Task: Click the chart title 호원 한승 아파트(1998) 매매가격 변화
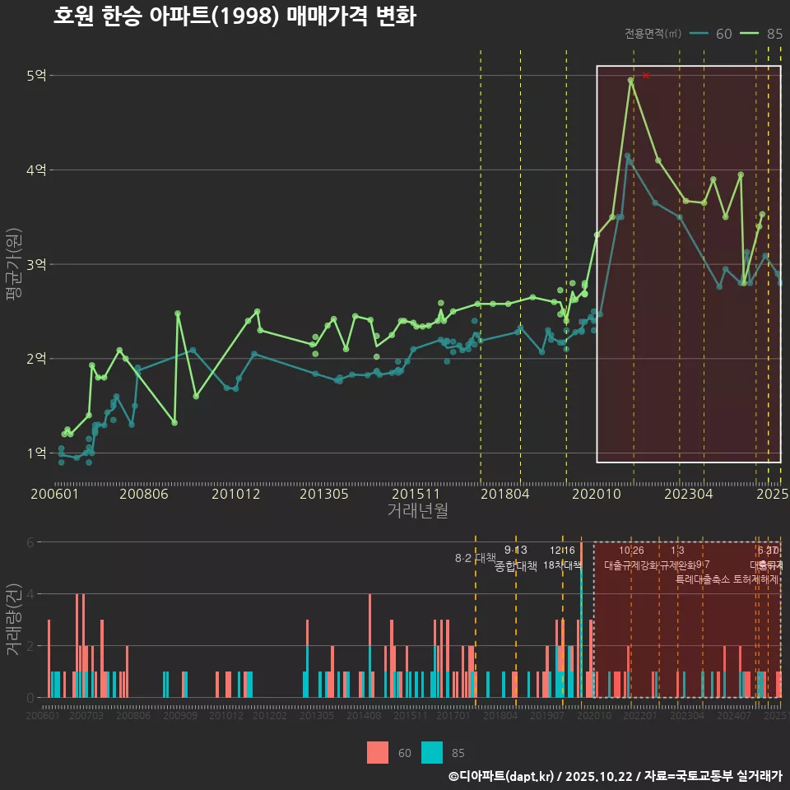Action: click(234, 16)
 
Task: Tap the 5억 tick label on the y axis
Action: click(36, 76)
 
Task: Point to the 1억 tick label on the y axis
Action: click(36, 453)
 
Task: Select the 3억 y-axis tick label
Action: click(36, 265)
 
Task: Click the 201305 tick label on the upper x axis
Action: click(323, 495)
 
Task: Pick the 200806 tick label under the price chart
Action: click(145, 495)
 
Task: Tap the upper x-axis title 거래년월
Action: click(417, 511)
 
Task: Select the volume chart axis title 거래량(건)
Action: click(14, 619)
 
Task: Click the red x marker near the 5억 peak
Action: click(646, 76)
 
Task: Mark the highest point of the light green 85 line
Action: click(630, 81)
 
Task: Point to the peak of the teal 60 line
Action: click(627, 156)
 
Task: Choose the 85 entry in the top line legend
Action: click(774, 34)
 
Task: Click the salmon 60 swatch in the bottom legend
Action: click(377, 752)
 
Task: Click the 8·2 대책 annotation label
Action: click(475, 558)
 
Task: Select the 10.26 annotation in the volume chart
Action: click(631, 551)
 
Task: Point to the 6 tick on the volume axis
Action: click(30, 542)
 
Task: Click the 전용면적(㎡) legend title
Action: click(653, 34)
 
